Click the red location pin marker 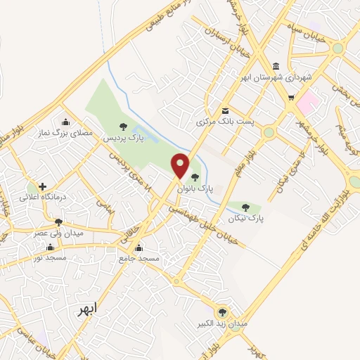click(181, 165)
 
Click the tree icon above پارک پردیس click(124, 127)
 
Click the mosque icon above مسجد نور click(50, 247)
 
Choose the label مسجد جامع click(139, 259)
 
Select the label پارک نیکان click(245, 219)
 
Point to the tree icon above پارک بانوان click(195, 177)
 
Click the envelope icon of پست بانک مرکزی click(225, 110)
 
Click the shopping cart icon click(291, 98)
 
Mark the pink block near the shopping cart click(308, 105)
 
